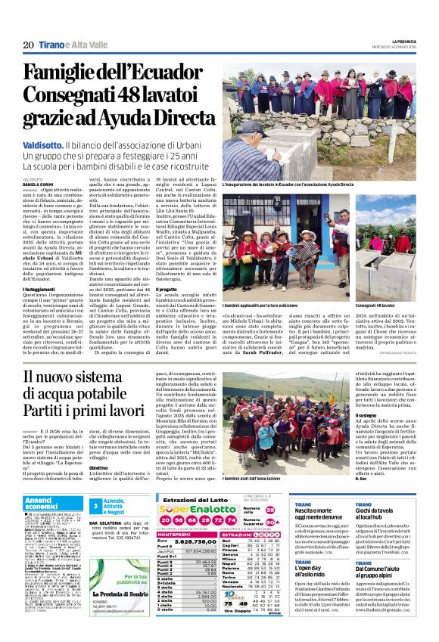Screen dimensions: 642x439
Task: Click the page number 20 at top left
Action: point(28,45)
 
